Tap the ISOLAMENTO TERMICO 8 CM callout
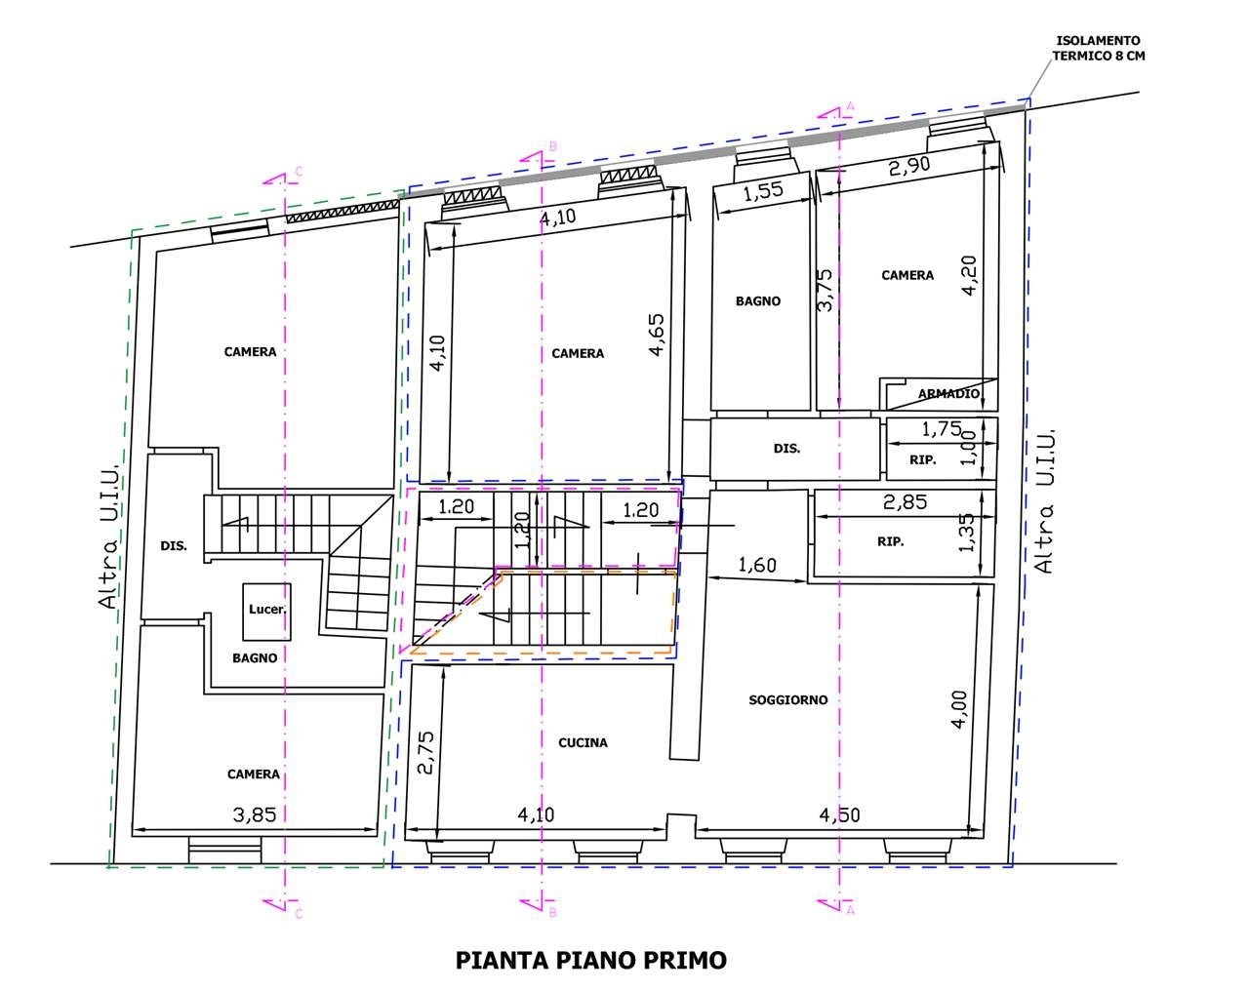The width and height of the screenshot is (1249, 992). [x=1098, y=48]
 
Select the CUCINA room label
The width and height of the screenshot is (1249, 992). [x=583, y=742]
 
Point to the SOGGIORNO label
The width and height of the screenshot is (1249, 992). [x=787, y=699]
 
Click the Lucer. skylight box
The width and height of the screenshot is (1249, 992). [x=266, y=611]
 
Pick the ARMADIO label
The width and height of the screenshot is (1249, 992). [x=948, y=393]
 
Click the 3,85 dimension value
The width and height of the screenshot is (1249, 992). [x=255, y=815]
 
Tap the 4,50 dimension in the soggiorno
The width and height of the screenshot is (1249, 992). [x=839, y=815]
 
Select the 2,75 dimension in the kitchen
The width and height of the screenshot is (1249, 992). [x=425, y=752]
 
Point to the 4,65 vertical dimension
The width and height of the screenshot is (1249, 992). [x=657, y=335]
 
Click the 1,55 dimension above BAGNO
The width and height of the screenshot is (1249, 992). [x=763, y=191]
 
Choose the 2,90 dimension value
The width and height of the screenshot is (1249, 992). [x=909, y=167]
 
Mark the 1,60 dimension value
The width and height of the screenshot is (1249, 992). [x=757, y=565]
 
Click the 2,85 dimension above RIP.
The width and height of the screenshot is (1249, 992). [x=905, y=501]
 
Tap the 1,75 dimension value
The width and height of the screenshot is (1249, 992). [x=942, y=429]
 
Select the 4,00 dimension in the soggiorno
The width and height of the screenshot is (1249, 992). [x=959, y=709]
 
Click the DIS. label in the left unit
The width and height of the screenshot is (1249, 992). [x=174, y=546]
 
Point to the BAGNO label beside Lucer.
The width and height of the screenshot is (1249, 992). [x=255, y=657]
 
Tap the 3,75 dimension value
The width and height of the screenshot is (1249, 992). [x=825, y=290]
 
